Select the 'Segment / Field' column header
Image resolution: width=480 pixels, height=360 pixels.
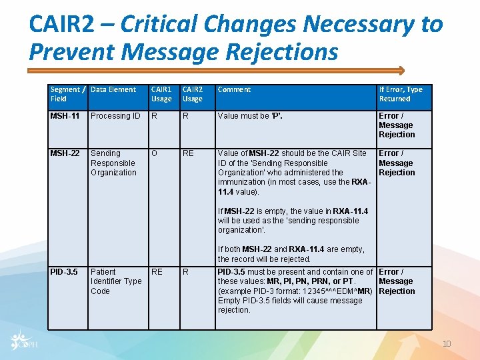coord(67,94)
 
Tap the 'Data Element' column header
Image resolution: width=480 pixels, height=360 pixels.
coord(113,89)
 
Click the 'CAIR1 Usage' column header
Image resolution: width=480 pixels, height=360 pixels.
coord(161,94)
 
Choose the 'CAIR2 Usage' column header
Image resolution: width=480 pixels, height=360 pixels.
coord(193,94)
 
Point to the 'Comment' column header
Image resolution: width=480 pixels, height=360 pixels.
coord(235,89)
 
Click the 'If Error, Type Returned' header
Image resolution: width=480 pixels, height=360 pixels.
coord(401,94)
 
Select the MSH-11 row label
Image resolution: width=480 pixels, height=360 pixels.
coord(65,116)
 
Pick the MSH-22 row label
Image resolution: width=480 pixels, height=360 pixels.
coord(65,153)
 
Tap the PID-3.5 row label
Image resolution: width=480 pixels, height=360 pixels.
coord(64,272)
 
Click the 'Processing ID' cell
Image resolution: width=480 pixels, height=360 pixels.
coord(115,116)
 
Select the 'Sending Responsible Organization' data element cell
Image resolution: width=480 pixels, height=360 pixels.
coord(113,163)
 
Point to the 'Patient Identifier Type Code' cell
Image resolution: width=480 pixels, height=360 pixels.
coord(116,281)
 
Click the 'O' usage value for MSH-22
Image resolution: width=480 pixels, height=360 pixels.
coord(155,153)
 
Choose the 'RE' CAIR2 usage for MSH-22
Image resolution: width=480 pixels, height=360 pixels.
coord(188,153)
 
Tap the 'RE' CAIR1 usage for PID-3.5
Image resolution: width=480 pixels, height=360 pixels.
coord(157,272)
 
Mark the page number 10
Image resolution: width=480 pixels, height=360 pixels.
coord(447,343)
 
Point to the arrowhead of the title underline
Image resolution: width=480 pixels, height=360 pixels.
coord(401,69)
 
